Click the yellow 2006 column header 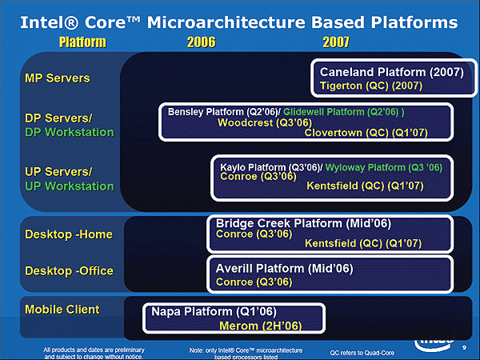point(201,42)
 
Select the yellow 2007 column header point(336,42)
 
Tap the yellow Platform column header point(82,42)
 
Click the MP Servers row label point(58,78)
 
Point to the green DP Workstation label point(70,132)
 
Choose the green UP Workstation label point(70,186)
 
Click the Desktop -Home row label point(69,234)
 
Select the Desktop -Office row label point(69,271)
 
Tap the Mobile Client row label point(62,310)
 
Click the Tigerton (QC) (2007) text point(371,86)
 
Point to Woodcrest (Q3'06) point(265,122)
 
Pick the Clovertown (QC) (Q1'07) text point(366,133)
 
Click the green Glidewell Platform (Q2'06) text point(344,112)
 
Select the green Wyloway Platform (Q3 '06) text point(384,167)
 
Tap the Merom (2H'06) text point(261,326)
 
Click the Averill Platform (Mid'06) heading point(284,269)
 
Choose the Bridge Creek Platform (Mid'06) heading point(303,223)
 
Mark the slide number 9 point(464,347)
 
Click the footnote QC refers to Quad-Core point(362,353)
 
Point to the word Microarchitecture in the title point(226,22)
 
